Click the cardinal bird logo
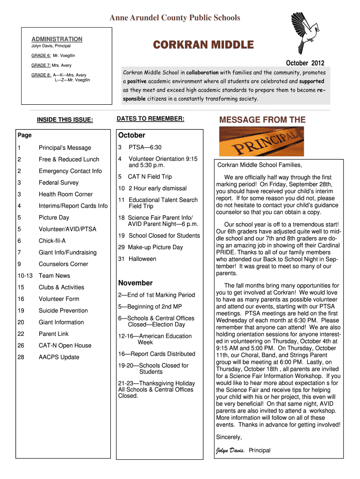tap(306, 32)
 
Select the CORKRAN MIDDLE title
tap(203, 45)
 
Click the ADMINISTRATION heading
tap(57, 39)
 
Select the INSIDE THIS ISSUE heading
tap(65, 120)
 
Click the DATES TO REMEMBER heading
tap(151, 119)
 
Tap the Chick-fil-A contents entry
tap(52, 241)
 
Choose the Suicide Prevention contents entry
tap(63, 311)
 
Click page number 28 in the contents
tap(21, 357)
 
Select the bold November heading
tap(135, 283)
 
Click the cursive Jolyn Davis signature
tap(230, 451)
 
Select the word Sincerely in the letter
tap(229, 437)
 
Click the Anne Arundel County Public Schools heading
tap(174, 18)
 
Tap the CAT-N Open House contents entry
tap(65, 346)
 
